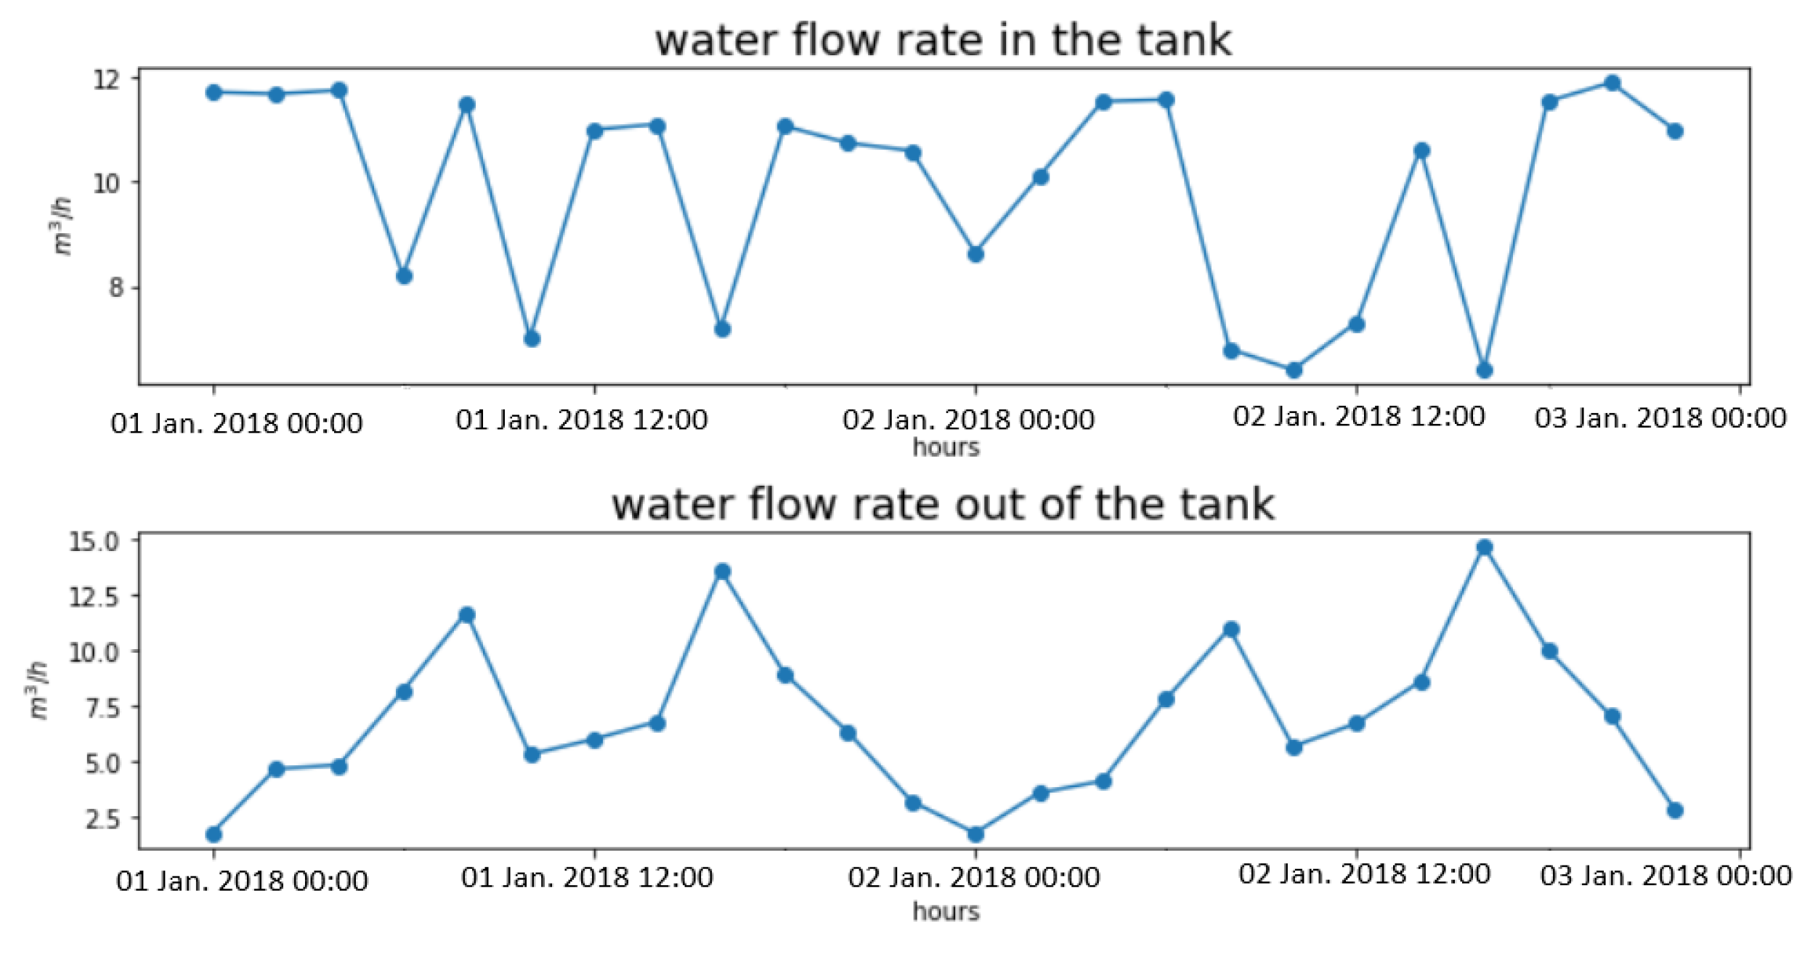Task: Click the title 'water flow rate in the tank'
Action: click(x=943, y=40)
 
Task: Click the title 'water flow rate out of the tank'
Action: click(x=943, y=505)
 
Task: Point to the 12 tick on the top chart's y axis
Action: click(x=106, y=78)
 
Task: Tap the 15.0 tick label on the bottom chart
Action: click(x=94, y=542)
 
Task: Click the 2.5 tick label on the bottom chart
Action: click(x=102, y=819)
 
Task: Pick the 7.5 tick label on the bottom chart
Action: click(x=102, y=707)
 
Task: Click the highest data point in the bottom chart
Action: click(x=1485, y=547)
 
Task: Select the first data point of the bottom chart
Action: click(x=214, y=834)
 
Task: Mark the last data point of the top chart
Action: click(x=1675, y=131)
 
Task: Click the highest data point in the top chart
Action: click(x=1612, y=83)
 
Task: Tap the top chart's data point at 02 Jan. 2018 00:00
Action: click(x=975, y=254)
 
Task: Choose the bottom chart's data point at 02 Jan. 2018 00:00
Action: click(x=975, y=834)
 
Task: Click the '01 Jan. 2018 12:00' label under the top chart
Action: click(x=581, y=420)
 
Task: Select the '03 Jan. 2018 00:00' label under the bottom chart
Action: click(x=1665, y=876)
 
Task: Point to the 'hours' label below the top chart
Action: click(x=946, y=448)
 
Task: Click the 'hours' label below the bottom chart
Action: click(x=946, y=911)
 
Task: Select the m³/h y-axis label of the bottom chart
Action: click(x=38, y=690)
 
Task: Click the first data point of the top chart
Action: click(x=214, y=93)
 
